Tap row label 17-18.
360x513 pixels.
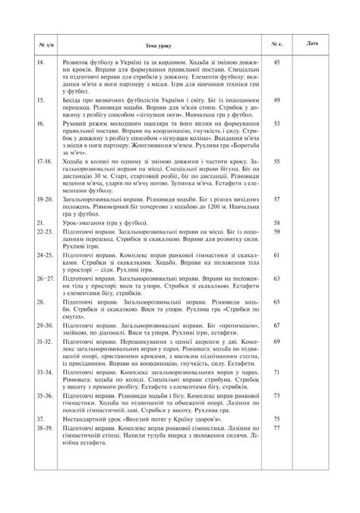coord(44,160)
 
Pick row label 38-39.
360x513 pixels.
coord(45,426)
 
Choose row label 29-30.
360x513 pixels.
coord(45,324)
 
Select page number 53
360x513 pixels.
coord(276,121)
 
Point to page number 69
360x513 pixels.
coord(276,341)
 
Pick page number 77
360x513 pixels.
coord(276,426)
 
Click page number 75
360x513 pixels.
coord(276,418)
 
